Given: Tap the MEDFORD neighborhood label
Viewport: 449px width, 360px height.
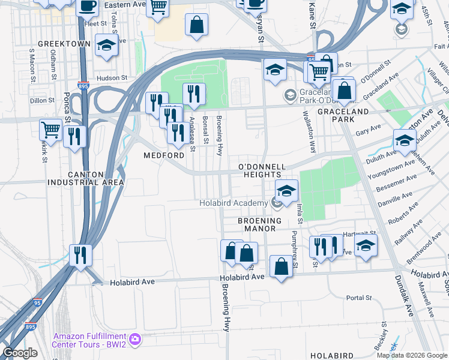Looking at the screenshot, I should pos(164,155).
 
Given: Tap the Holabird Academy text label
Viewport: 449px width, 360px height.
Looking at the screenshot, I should pos(233,203).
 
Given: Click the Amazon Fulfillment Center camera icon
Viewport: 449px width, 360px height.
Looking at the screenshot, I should pos(135,339).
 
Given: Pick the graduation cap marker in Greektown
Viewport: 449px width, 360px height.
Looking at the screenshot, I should pos(107,45).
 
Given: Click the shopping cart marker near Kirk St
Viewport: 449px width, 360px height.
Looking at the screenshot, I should pos(51,128).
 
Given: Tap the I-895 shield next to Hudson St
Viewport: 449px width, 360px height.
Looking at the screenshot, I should pos(83,86).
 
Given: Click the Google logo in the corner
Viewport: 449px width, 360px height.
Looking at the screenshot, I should pos(20,353).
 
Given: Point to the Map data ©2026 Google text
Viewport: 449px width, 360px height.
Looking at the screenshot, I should pos(412,355).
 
